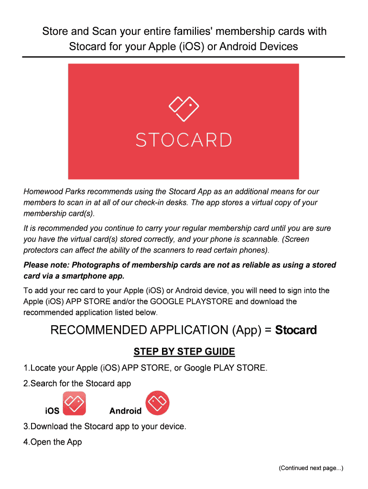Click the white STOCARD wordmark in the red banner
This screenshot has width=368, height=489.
point(184,140)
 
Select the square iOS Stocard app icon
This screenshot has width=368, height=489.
point(74,404)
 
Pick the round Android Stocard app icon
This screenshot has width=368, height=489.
point(158,403)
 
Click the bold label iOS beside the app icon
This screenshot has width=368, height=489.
point(52,411)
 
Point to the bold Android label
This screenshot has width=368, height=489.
point(125,411)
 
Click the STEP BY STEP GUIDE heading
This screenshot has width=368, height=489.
point(184,352)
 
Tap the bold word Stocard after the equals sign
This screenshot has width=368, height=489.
point(296,330)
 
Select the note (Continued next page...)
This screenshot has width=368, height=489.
point(311,468)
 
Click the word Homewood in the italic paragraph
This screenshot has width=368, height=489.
point(42,191)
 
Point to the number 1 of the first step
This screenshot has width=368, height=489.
point(25,368)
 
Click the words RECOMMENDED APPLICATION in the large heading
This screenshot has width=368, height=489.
point(139,330)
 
